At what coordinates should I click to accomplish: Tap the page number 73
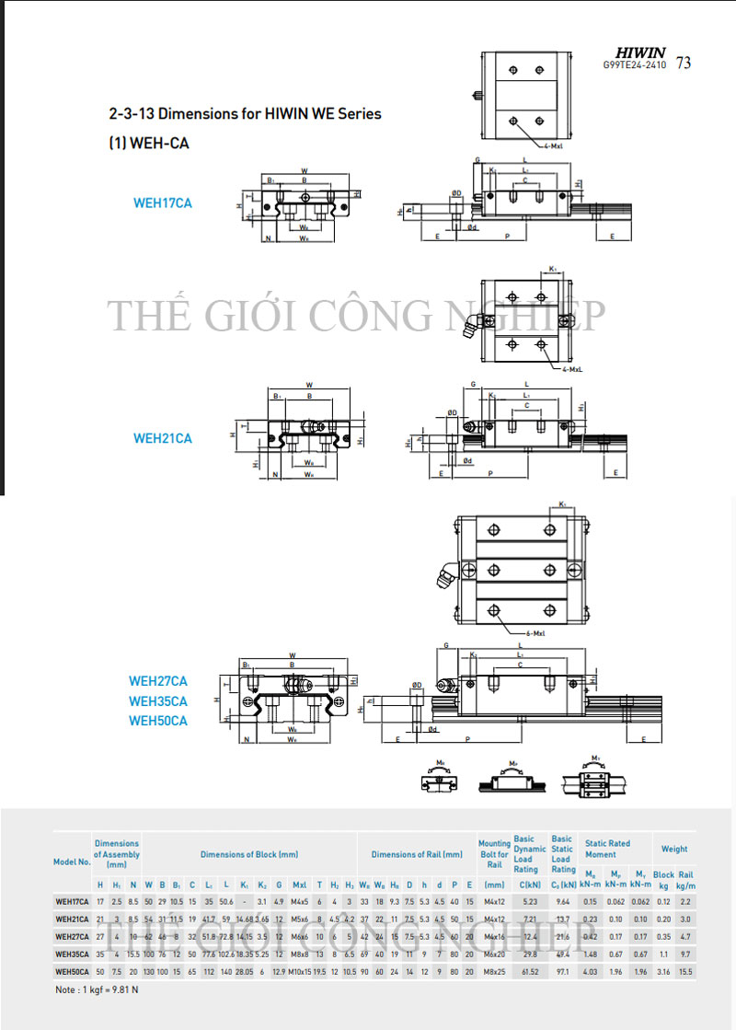point(684,64)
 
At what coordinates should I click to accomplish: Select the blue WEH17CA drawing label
point(163,203)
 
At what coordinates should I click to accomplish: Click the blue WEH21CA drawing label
point(163,438)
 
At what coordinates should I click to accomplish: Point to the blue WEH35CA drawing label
point(158,700)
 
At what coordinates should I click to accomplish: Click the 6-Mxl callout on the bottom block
point(537,634)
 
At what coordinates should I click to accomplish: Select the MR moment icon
point(441,778)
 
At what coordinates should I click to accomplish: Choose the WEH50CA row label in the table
point(73,970)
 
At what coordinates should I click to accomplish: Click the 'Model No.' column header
point(73,862)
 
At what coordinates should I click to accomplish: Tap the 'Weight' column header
point(674,849)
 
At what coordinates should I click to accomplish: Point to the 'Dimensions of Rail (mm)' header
point(416,855)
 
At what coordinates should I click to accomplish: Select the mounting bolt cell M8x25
point(494,970)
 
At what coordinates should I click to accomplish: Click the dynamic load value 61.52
point(529,970)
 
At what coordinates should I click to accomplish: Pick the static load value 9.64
point(563,901)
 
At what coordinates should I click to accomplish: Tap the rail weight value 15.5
point(685,970)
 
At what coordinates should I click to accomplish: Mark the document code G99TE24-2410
point(636,66)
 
